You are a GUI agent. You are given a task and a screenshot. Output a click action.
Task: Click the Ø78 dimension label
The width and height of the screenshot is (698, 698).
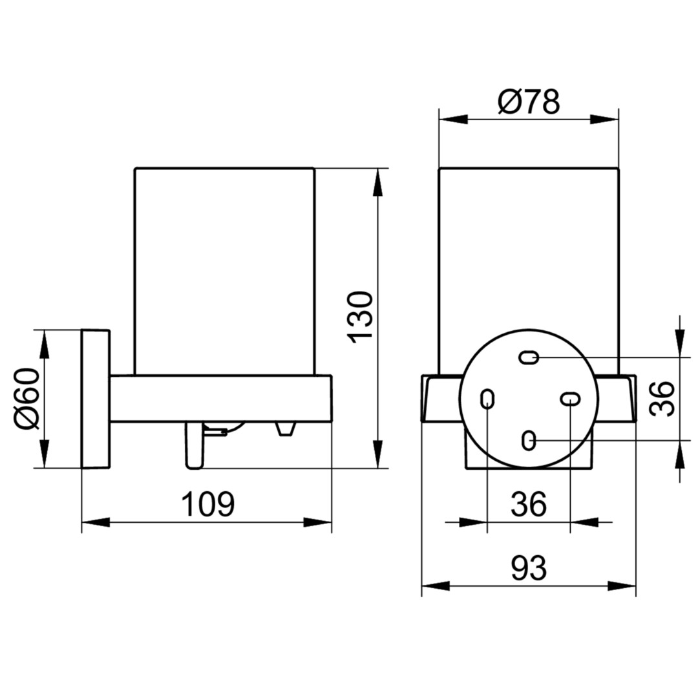(x=529, y=102)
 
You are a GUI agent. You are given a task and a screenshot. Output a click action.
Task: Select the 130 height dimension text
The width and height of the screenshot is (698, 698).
(x=360, y=317)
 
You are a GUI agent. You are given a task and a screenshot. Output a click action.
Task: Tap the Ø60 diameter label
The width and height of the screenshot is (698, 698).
(x=27, y=398)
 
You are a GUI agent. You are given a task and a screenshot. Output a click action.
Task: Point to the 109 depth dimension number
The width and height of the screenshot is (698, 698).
(x=208, y=503)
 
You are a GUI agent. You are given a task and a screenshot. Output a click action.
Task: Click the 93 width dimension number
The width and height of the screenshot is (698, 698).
(x=529, y=568)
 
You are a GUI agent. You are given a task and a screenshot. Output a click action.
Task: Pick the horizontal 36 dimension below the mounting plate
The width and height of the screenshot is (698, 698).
(x=529, y=503)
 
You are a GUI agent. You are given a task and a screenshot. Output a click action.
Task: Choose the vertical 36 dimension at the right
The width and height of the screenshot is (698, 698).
(x=662, y=398)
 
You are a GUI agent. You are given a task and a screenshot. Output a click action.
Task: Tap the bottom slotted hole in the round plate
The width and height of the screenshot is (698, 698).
(x=529, y=441)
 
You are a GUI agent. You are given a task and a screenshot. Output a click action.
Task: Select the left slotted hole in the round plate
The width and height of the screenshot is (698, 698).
(x=488, y=399)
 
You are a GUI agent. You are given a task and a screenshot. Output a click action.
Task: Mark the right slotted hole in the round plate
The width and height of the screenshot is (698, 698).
(x=570, y=398)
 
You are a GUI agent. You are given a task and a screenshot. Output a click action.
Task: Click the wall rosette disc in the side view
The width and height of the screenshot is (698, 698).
(x=95, y=399)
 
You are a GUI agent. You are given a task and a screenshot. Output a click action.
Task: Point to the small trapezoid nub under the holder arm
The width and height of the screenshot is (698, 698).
(x=286, y=428)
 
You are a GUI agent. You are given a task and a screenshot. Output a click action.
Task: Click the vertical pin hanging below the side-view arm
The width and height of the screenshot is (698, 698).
(x=195, y=445)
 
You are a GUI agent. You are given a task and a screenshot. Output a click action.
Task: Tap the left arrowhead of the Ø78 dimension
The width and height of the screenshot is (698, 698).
(x=454, y=120)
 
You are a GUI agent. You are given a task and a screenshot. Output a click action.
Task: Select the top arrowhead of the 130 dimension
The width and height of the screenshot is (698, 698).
(x=377, y=182)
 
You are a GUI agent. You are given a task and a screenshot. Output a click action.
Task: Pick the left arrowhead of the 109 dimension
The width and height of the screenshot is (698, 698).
(x=96, y=522)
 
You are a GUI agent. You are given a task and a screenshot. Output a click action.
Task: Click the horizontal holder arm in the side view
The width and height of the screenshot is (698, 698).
(x=221, y=399)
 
